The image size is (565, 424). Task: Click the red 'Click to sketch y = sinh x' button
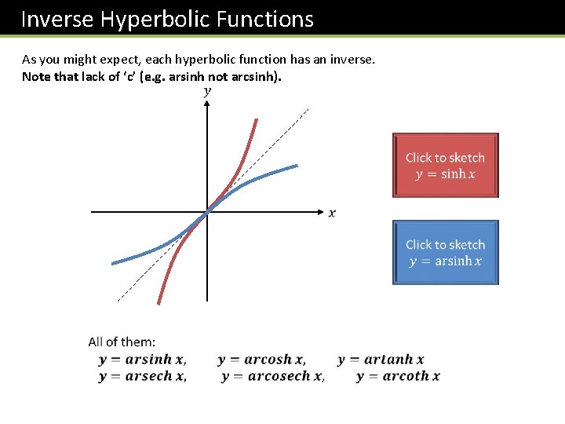tap(445, 165)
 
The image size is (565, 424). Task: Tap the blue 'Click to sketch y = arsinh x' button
tap(445, 252)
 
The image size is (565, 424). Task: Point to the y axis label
tap(207, 91)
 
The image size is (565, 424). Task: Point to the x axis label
tap(332, 213)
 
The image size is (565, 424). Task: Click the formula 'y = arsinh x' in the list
tap(142, 360)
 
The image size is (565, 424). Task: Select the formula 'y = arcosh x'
tap(261, 360)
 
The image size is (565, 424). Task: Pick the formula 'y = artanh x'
tap(381, 360)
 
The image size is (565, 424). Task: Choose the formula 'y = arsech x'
tap(142, 376)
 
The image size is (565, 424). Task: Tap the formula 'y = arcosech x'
tap(272, 376)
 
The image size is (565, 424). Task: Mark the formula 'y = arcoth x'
tap(398, 376)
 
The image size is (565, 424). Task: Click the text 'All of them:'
tap(122, 342)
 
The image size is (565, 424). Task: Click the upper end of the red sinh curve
tap(257, 120)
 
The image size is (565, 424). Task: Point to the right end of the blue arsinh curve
tap(297, 166)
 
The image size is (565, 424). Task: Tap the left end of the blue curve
tap(115, 261)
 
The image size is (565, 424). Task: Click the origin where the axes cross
tap(207, 212)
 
